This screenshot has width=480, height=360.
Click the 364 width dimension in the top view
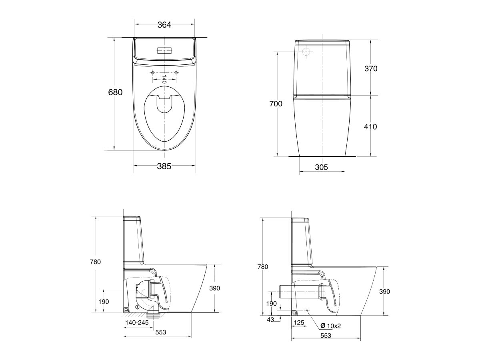coord(164,25)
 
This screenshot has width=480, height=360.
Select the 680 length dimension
coord(115,92)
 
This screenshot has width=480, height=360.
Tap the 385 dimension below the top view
coord(164,166)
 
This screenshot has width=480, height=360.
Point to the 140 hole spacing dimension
coord(164,78)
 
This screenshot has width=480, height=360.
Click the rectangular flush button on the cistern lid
coord(164,51)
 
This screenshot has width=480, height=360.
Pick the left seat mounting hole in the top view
coord(153,72)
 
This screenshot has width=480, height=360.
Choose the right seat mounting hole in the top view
coord(176,72)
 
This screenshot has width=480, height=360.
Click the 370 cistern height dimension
coord(371,68)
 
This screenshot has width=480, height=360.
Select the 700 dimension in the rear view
coord(276,104)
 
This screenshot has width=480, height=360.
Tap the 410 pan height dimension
coord(371,126)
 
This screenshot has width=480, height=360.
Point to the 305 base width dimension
coord(321,167)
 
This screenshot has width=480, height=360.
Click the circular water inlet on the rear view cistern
coord(306,52)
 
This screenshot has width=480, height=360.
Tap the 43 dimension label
coord(271,319)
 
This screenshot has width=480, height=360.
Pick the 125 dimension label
coord(299,322)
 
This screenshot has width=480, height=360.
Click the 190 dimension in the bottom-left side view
coord(103,302)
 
